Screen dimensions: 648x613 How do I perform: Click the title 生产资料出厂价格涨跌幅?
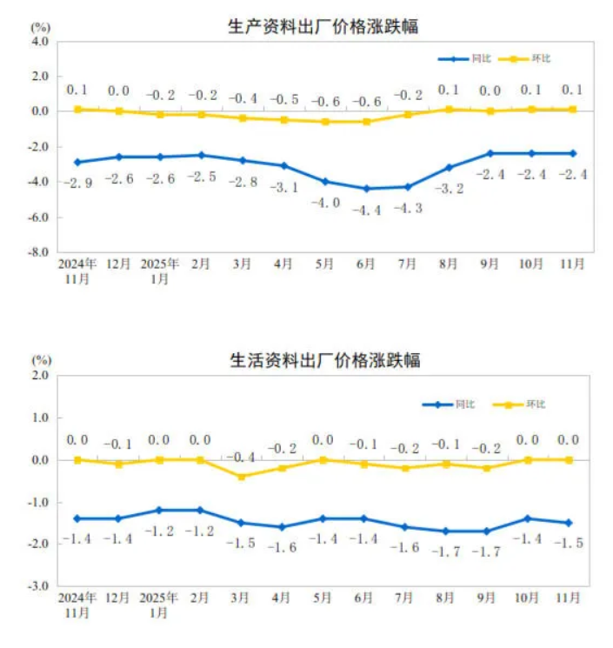tap(323, 27)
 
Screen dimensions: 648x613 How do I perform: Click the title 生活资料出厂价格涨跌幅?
tap(323, 359)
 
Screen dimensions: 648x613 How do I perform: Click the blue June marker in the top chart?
tap(365, 188)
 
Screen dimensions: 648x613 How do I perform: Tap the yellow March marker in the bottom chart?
tap(241, 477)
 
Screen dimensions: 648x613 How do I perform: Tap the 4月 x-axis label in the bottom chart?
tap(282, 598)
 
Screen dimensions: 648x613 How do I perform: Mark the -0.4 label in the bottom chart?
tap(241, 458)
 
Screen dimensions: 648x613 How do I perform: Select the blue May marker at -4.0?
tap(324, 181)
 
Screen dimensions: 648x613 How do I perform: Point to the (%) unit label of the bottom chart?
tap(42, 359)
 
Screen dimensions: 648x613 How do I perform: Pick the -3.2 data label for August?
tap(448, 186)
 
